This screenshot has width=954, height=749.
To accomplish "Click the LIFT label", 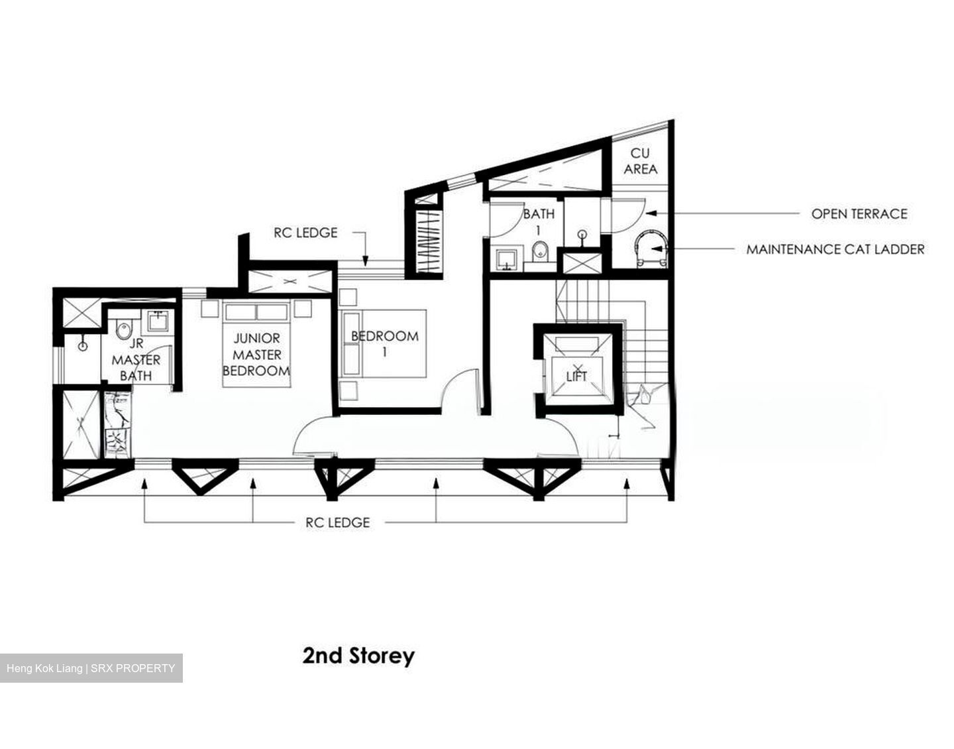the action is click(x=576, y=376).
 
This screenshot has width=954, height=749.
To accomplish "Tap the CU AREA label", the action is click(x=641, y=161).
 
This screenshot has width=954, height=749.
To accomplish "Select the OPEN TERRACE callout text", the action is click(x=859, y=214).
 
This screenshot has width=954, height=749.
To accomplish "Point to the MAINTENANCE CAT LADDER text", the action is click(x=835, y=249).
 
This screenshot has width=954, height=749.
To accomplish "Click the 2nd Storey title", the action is click(x=358, y=656).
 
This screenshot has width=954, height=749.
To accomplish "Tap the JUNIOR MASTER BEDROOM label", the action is click(x=256, y=355).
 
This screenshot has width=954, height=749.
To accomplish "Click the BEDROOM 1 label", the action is click(x=385, y=344).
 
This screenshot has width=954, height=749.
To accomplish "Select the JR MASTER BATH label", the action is click(x=136, y=360).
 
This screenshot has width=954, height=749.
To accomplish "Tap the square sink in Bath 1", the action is click(x=508, y=259).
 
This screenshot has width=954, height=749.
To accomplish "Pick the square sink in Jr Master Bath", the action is click(x=157, y=321).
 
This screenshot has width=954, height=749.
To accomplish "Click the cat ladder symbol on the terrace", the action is click(x=651, y=248).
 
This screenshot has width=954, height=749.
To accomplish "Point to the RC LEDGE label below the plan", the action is click(x=338, y=522).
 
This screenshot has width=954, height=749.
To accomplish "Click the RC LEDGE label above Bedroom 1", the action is click(x=305, y=232).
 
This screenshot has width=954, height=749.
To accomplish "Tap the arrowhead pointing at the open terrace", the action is click(x=652, y=213).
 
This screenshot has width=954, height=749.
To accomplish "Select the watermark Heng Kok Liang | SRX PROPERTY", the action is click(x=91, y=668).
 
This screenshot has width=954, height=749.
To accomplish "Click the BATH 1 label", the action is click(x=539, y=221).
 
